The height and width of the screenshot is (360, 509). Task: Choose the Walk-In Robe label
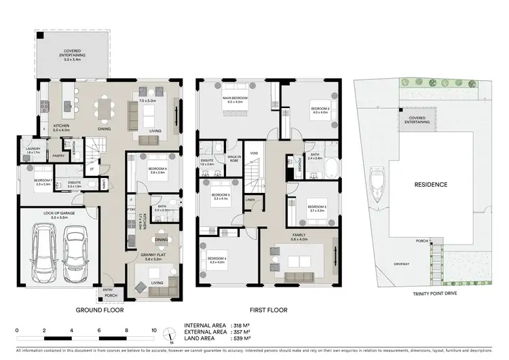click(x=234, y=158)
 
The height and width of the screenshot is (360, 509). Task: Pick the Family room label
click(x=299, y=237)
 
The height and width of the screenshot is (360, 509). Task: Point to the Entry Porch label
click(x=108, y=292)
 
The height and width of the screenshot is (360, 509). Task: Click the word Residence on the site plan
click(x=431, y=184)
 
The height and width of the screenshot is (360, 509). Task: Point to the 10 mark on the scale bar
click(x=154, y=331)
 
